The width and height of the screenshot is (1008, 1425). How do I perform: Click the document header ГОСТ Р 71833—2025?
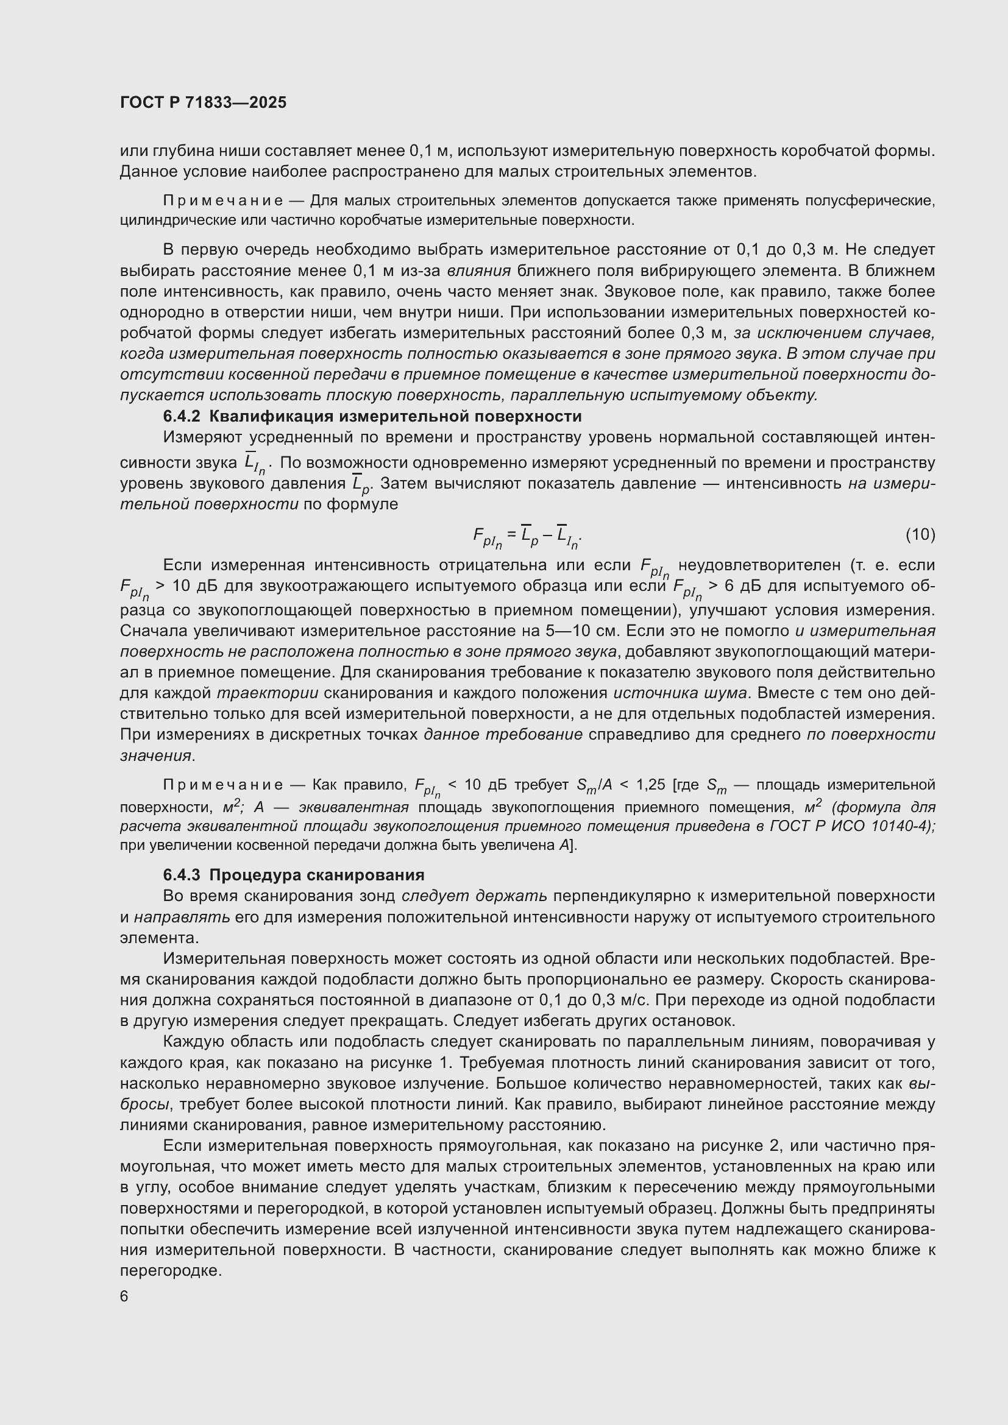[203, 102]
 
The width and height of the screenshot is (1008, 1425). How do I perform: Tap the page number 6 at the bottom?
[124, 1296]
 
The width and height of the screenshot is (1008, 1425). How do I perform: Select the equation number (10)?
[920, 534]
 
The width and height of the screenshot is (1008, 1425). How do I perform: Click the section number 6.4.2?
[182, 416]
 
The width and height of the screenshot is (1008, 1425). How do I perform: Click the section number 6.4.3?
[182, 874]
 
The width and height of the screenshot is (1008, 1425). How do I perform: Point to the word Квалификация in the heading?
[269, 416]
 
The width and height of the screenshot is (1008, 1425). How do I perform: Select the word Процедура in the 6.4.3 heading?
[259, 874]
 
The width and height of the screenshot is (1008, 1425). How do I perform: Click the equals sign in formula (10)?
[511, 533]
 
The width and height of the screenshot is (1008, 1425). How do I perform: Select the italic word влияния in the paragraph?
[478, 271]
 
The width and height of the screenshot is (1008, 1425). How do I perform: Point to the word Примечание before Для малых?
[223, 201]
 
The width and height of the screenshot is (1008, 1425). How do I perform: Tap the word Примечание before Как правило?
[223, 785]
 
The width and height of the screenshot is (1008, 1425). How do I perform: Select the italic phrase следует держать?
[474, 896]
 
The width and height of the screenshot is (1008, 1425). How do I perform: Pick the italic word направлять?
[182, 917]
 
